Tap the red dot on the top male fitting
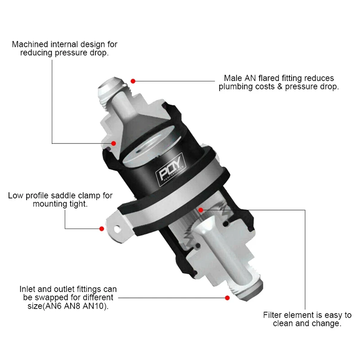click(x=134, y=81)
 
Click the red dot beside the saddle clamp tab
click(x=102, y=229)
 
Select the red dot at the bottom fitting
click(x=227, y=297)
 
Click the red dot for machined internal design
click(x=114, y=144)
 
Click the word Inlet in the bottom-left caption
click(x=28, y=289)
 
